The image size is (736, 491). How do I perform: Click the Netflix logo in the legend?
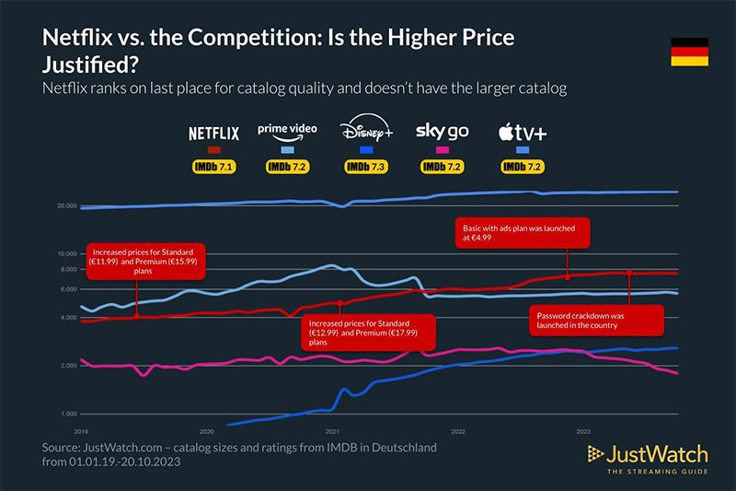pyautogui.click(x=213, y=134)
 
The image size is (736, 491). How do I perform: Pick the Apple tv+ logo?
pyautogui.click(x=522, y=134)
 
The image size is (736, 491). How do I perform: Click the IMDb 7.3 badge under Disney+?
pyautogui.click(x=366, y=168)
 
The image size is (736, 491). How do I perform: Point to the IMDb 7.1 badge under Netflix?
pyautogui.click(x=213, y=168)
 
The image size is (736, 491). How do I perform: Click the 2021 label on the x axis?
pyautogui.click(x=332, y=430)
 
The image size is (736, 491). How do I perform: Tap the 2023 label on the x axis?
pyautogui.click(x=583, y=430)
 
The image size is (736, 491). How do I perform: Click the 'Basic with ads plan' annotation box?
pyautogui.click(x=522, y=234)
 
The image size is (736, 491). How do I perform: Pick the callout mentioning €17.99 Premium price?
pyautogui.click(x=357, y=331)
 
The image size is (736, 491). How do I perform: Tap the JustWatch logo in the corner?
pyautogui.click(x=648, y=457)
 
